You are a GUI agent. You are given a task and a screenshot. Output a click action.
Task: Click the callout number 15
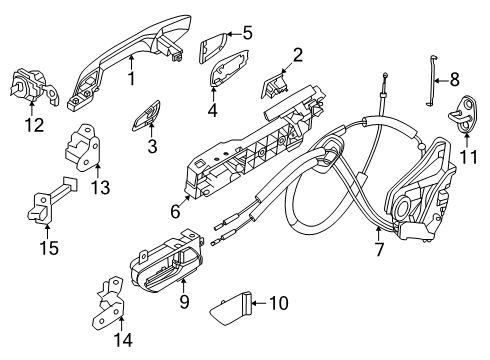[48, 244]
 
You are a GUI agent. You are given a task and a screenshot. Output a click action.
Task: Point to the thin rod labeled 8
[431, 76]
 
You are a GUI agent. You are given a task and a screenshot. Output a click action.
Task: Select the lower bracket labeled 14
[112, 304]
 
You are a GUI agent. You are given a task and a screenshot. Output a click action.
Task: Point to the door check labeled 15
[45, 202]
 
